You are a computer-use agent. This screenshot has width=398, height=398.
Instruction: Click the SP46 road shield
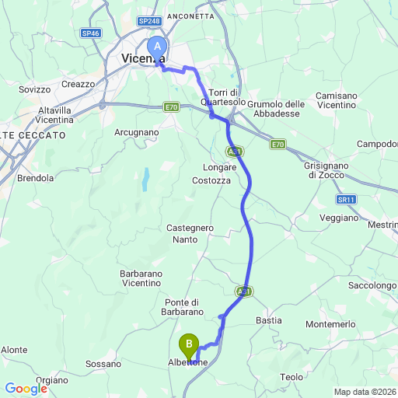tap(90, 33)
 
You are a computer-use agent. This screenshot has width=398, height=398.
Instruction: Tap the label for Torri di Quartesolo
tap(224, 96)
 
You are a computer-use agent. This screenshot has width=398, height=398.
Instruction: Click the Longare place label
tap(218, 167)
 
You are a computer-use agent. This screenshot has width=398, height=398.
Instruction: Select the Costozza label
tap(211, 180)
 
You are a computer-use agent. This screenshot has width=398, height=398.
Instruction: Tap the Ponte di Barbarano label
tap(184, 307)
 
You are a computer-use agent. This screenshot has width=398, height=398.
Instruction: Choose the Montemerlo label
tap(331, 323)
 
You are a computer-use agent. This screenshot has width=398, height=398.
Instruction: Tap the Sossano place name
tap(103, 364)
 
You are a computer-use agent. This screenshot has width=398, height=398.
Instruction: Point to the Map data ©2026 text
tap(365, 392)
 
